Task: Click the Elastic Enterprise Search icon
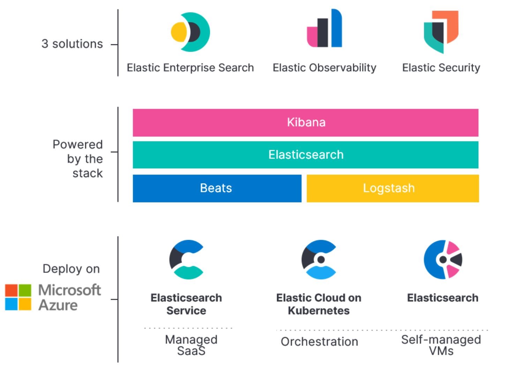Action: pos(190,32)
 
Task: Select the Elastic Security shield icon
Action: pos(441,31)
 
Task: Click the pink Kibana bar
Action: pos(306,122)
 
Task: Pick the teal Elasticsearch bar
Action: pos(306,155)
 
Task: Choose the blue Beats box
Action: pos(217,188)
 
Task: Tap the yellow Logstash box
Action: pos(392,188)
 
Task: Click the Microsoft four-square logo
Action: pos(18,297)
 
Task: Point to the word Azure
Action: pos(58,305)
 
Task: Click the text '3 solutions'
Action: pos(72,44)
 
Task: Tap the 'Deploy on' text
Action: pos(71,269)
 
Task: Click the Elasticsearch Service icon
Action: pos(186,260)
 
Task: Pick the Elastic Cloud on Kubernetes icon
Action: pos(319,260)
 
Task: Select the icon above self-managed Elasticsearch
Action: pos(443,260)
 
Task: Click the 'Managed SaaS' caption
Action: pos(191,345)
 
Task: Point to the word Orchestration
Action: pos(319,342)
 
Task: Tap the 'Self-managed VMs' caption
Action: pos(441,345)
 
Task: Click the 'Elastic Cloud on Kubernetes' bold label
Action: pos(319,304)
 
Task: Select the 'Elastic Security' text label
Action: pos(441,68)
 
